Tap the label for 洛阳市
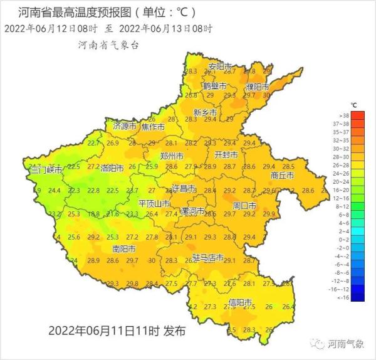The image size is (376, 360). click(x=112, y=167)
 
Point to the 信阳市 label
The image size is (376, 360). click(x=241, y=302)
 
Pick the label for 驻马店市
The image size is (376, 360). click(x=208, y=257)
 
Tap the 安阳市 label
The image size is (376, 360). click(x=220, y=66)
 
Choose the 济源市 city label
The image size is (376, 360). click(x=124, y=126)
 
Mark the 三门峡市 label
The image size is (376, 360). click(x=47, y=170)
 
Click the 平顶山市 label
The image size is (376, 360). click(x=154, y=203)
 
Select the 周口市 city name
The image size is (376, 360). click(x=244, y=205)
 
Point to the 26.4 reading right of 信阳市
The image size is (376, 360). click(x=288, y=307)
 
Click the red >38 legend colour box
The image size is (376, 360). click(x=357, y=115)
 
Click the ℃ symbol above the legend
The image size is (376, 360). click(x=354, y=104)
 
